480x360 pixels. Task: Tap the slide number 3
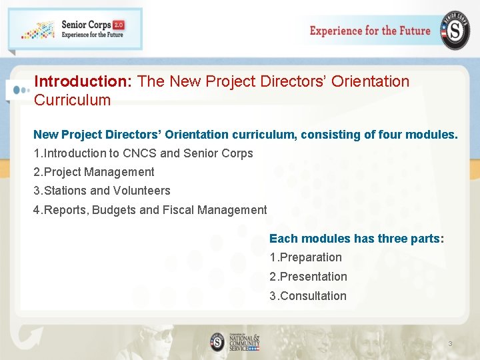pyautogui.click(x=450, y=344)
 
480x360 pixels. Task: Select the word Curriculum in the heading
pyautogui.click(x=72, y=100)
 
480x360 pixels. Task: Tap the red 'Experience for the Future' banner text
pyautogui.click(x=370, y=31)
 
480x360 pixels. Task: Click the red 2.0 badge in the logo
pyautogui.click(x=119, y=25)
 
